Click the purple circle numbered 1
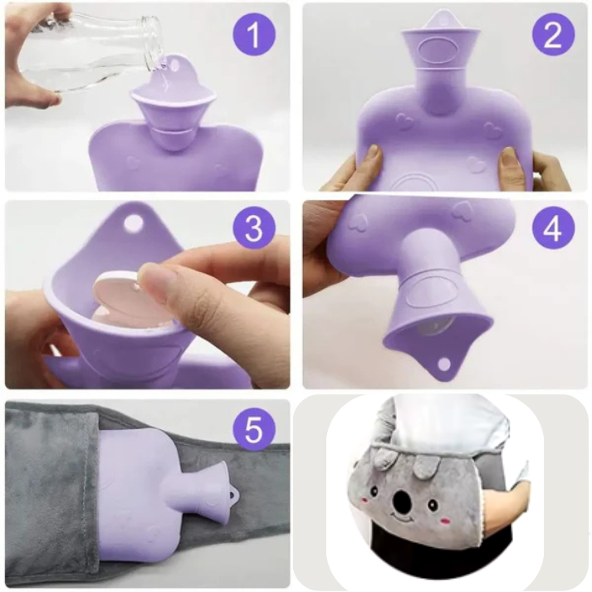(254, 35)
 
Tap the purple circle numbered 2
(554, 35)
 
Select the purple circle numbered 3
(254, 228)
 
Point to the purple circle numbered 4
(554, 228)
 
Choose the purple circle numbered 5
(254, 429)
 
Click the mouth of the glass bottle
(152, 42)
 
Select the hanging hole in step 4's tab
(444, 364)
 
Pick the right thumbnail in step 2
(509, 156)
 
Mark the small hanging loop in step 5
(233, 494)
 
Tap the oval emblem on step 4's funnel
(428, 291)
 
